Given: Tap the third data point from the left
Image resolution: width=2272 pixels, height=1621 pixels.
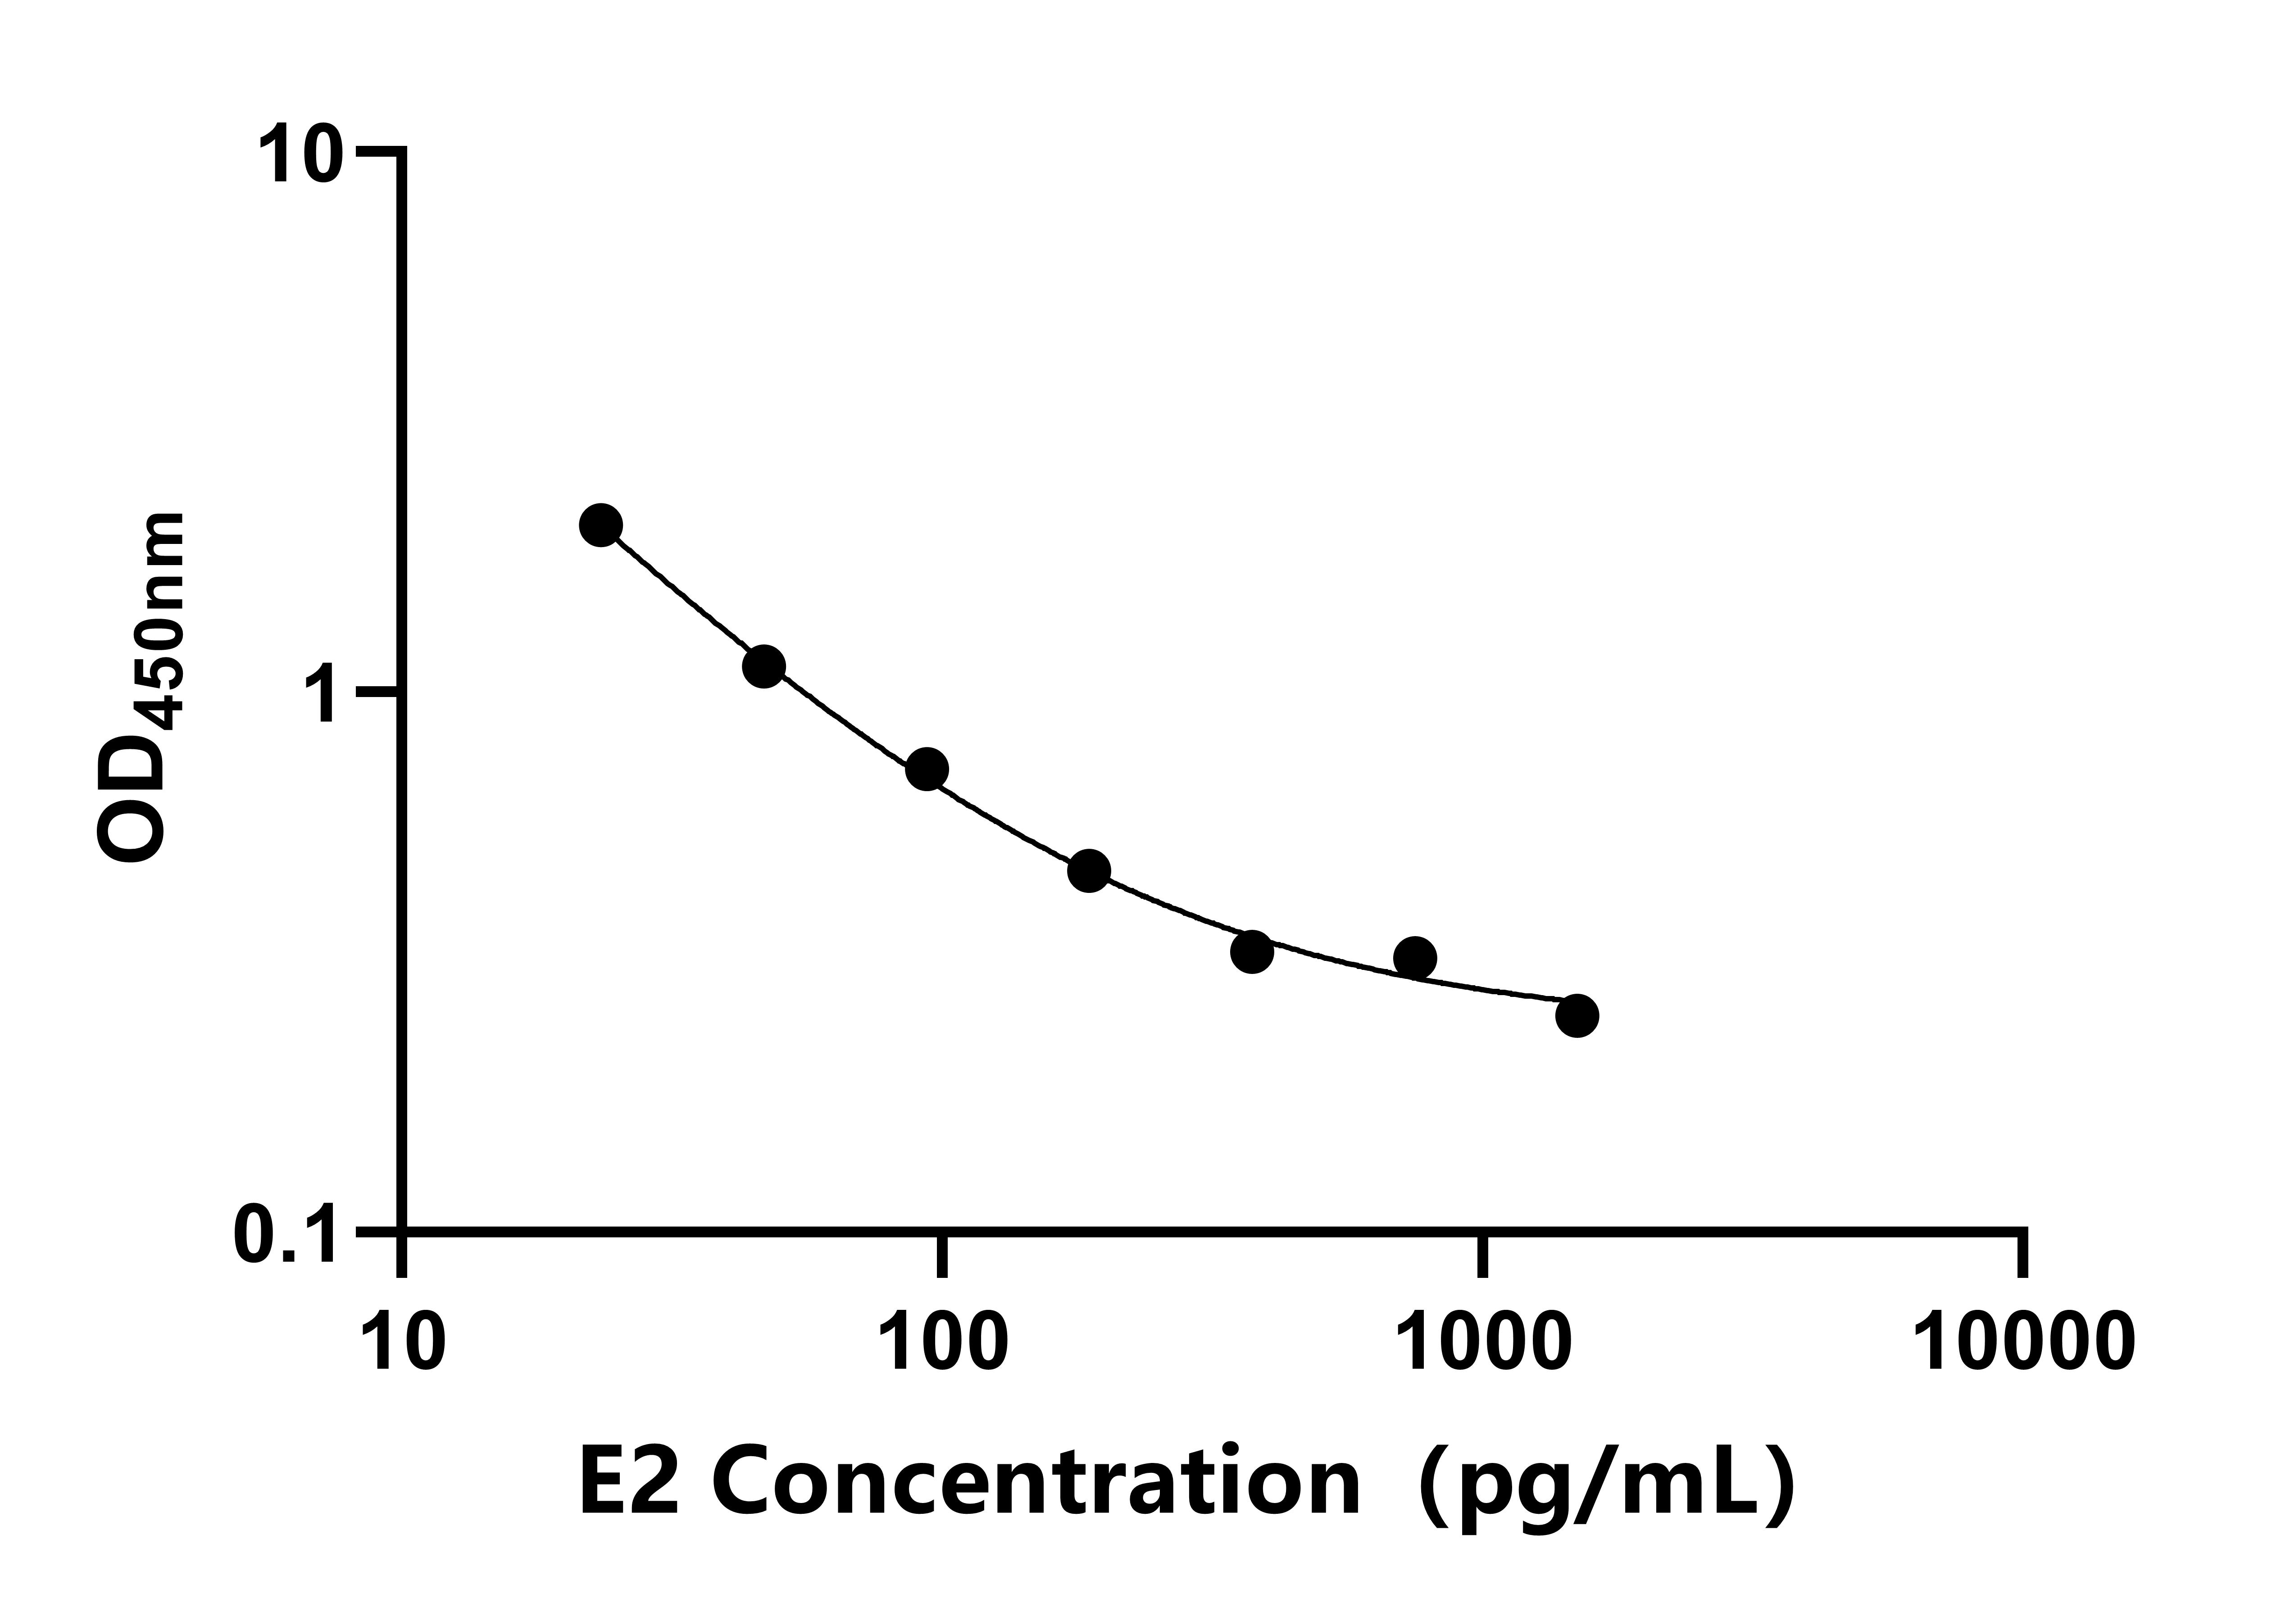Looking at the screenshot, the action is coord(927,769).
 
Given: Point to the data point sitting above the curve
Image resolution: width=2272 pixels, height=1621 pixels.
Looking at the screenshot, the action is coord(1414,958).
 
